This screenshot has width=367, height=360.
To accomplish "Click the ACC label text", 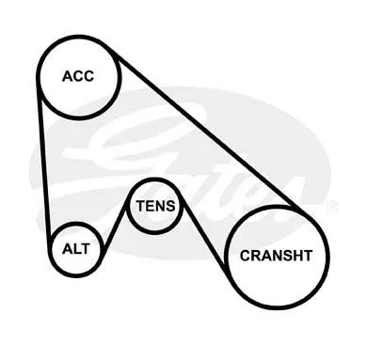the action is click(78, 76).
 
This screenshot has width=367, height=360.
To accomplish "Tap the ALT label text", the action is click(76, 249).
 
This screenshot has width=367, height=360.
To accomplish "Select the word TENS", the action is click(155, 206).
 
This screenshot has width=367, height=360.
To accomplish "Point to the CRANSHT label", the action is click(276, 256).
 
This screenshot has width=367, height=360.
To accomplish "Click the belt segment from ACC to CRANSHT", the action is click(205, 131).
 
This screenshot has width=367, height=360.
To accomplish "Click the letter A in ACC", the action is click(68, 76).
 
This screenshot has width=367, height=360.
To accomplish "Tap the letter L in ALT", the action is click(77, 249).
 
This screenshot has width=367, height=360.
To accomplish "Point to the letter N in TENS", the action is click(161, 206).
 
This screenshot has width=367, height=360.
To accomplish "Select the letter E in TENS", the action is click(151, 206).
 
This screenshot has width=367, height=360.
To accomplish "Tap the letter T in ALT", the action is click(86, 249).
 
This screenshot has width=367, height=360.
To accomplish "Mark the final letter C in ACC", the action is click(88, 76).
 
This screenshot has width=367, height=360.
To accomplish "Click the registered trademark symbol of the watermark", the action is click(332, 208).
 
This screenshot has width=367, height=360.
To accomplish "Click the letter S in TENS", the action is click(171, 206).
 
